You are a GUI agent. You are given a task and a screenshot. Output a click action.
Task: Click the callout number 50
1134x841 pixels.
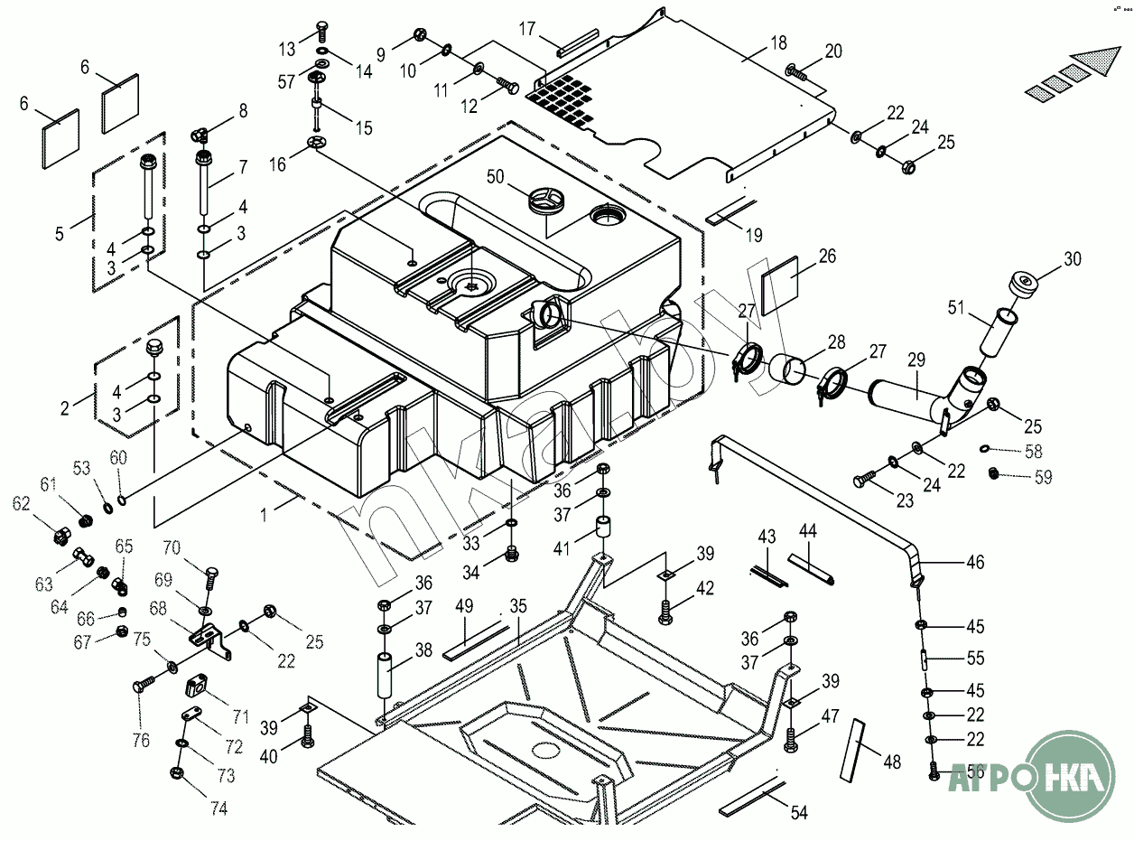[x=495, y=176]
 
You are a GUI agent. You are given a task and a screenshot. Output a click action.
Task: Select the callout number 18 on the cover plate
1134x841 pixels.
[x=778, y=42]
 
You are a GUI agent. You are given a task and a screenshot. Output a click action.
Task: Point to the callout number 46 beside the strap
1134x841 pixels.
[x=975, y=563]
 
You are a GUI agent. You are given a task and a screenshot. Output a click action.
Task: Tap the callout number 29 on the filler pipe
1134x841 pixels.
[x=916, y=360]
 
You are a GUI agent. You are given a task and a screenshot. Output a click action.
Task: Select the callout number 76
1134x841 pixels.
[x=141, y=741]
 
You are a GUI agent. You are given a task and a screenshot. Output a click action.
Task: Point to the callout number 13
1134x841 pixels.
[x=287, y=48]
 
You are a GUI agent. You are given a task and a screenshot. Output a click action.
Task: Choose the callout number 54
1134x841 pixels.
[x=798, y=812]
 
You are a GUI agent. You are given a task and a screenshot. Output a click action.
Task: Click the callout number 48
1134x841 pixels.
[x=892, y=762]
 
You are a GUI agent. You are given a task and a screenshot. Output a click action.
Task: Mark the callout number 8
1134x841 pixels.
[x=242, y=112]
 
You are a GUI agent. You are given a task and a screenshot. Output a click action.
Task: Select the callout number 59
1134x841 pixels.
[x=1043, y=478]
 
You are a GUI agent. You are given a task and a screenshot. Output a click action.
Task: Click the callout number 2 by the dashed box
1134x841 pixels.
[x=65, y=408]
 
